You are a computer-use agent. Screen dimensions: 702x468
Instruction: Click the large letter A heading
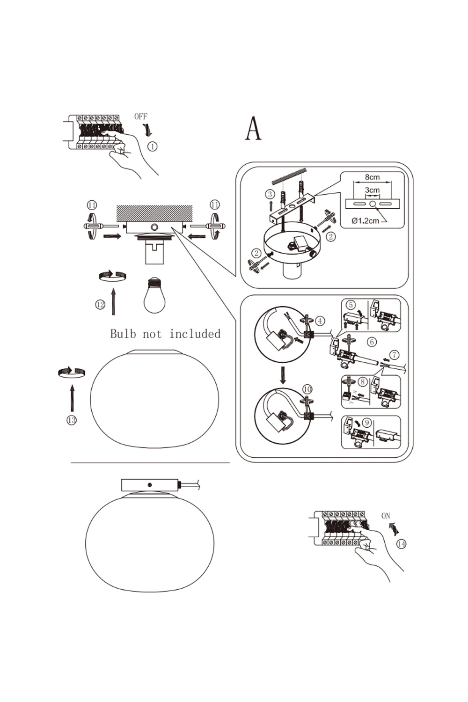click(253, 129)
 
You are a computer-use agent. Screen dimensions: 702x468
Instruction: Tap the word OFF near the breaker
click(140, 117)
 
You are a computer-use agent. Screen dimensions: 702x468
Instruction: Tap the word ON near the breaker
click(386, 516)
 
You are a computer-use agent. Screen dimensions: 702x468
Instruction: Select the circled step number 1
click(152, 146)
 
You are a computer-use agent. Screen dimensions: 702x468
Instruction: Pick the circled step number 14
click(401, 544)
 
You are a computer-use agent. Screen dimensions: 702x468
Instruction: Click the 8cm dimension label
click(373, 177)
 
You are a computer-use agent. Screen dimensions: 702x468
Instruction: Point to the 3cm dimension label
click(372, 190)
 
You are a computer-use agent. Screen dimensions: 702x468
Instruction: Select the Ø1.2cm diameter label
click(365, 220)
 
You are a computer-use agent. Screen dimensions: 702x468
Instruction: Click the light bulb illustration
click(154, 295)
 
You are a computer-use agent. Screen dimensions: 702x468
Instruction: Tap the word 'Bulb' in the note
click(123, 334)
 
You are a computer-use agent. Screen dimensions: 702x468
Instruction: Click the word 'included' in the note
click(195, 334)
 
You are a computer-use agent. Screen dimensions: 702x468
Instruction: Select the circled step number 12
click(100, 305)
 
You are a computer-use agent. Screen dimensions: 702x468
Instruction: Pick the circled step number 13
click(71, 420)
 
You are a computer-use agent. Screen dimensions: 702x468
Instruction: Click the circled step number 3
click(270, 194)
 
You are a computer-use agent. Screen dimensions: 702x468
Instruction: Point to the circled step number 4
click(320, 321)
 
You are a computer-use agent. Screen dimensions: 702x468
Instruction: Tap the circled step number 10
click(307, 389)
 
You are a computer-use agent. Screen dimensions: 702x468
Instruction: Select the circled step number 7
click(395, 355)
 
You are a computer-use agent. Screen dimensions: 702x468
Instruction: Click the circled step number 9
click(366, 423)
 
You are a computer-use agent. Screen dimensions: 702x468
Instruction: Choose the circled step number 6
click(372, 342)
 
